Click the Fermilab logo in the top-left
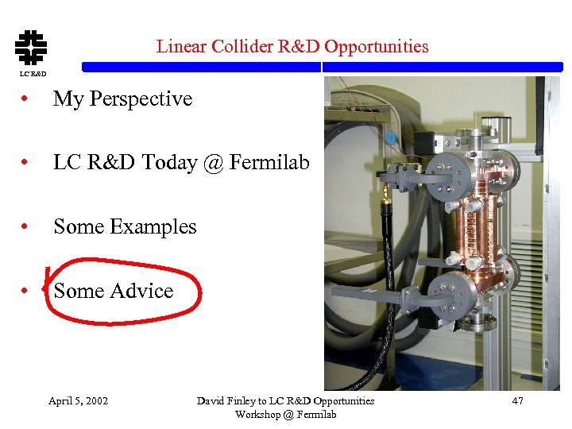[x=31, y=47]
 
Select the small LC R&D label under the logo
[x=33, y=74]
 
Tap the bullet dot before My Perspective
[x=27, y=100]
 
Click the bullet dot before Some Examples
[x=27, y=228]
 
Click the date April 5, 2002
[x=78, y=400]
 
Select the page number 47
[x=517, y=400]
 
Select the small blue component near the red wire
[x=390, y=137]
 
